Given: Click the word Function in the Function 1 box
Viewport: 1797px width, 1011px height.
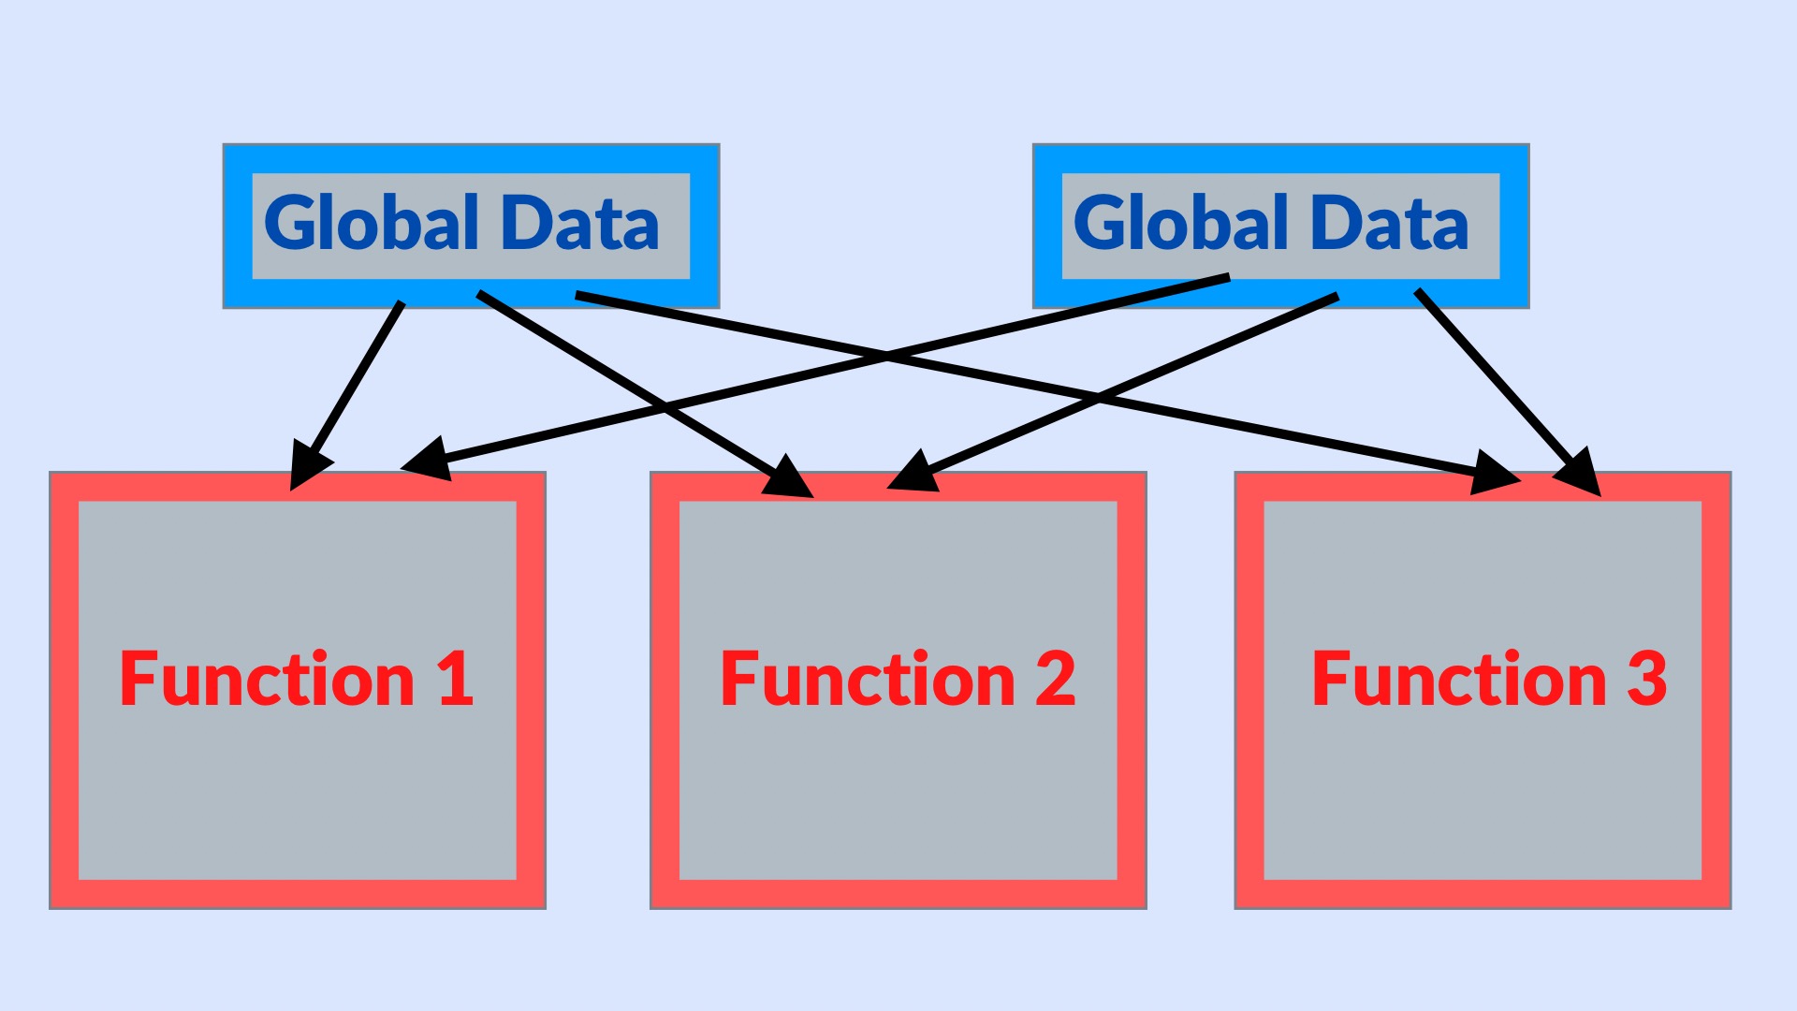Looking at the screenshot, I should pos(267,680).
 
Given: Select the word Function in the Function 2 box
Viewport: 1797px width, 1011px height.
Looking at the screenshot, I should pos(868,680).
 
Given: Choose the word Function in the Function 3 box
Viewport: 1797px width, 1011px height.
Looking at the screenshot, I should pos(1459,680).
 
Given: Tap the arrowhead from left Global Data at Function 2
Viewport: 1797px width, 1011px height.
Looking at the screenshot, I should pos(788,476).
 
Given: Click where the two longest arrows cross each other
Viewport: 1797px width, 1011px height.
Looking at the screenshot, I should pos(887,357).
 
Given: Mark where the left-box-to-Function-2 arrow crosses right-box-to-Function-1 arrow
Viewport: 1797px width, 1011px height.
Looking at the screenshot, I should pos(665,407).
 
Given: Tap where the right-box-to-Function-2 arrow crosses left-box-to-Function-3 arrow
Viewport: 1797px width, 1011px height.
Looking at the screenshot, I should pos(1097,398).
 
